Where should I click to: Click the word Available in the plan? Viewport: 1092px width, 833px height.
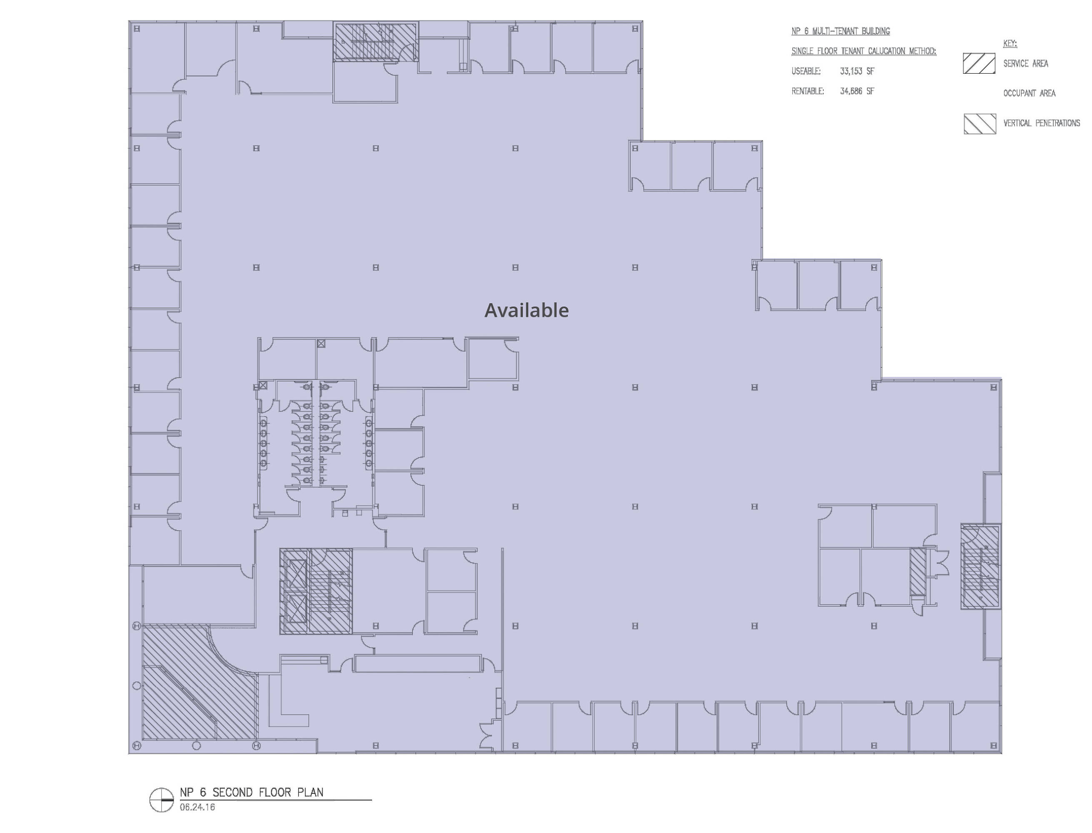tap(526, 310)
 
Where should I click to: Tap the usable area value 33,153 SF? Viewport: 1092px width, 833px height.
tap(857, 71)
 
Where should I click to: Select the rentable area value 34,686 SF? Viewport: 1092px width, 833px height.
tap(857, 91)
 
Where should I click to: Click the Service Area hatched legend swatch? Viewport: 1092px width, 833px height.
tap(979, 63)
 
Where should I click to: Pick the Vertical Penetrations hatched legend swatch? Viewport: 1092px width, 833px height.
tap(980, 124)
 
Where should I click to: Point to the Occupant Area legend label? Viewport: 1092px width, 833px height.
tap(1029, 93)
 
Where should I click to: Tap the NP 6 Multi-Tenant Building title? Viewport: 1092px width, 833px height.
tap(841, 31)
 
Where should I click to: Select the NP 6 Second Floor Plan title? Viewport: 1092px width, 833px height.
tap(251, 792)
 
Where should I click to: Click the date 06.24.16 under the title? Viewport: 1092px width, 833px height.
tap(197, 807)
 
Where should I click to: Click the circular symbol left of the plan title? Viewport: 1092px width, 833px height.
tap(162, 800)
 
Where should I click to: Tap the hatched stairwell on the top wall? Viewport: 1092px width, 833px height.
tap(375, 42)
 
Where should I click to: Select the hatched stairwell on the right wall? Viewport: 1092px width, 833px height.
tap(980, 566)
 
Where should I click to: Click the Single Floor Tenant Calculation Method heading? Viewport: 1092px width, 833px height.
tap(864, 51)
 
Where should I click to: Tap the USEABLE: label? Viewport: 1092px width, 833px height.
tap(806, 71)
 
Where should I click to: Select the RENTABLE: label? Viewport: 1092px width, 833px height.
tap(808, 91)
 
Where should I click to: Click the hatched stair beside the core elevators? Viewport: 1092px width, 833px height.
tap(330, 591)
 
